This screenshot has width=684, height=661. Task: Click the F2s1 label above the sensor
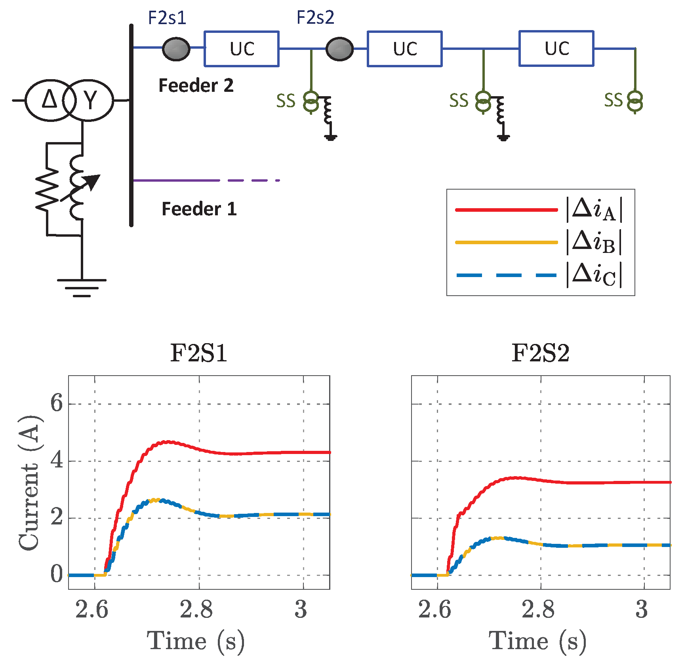click(x=167, y=18)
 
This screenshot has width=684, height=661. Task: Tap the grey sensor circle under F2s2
click(x=339, y=49)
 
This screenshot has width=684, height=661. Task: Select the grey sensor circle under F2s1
click(x=176, y=49)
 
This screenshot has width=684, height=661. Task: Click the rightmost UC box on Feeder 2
click(x=556, y=48)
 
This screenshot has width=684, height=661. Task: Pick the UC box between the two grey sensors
click(x=242, y=49)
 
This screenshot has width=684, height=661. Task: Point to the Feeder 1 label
click(x=199, y=209)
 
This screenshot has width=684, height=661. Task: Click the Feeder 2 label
click(x=196, y=85)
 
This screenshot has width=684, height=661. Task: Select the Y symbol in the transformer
click(x=91, y=100)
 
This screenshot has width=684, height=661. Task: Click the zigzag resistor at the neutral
click(x=47, y=189)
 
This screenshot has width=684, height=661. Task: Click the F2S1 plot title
click(x=199, y=353)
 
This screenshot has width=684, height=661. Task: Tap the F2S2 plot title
click(x=541, y=353)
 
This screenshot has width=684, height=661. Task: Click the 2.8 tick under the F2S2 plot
click(x=538, y=610)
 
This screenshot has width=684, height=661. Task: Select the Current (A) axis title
click(x=29, y=482)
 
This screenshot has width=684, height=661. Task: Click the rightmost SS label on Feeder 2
click(x=614, y=101)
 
